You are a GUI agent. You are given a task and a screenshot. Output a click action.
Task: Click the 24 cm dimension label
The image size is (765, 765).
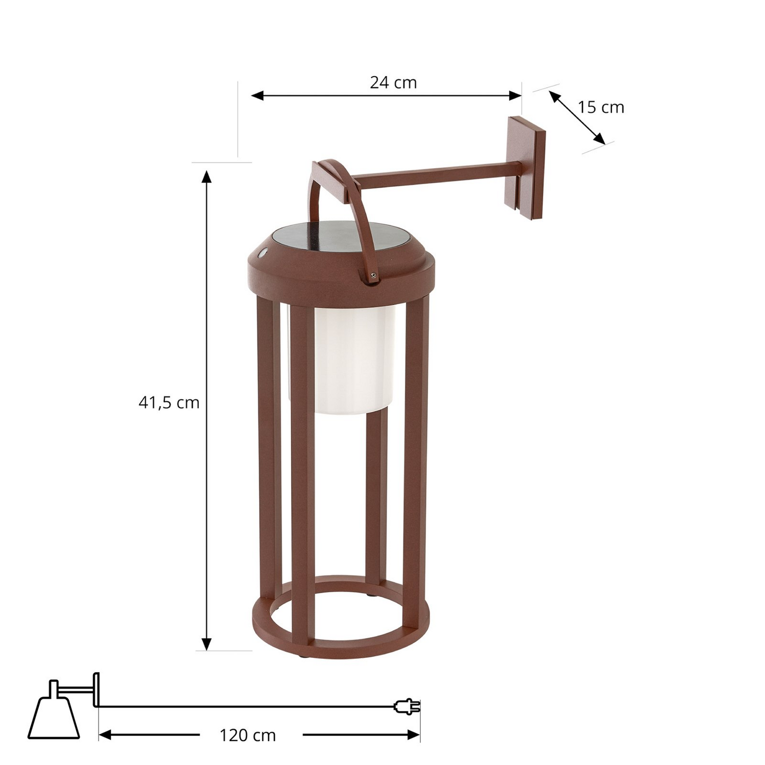click(393, 83)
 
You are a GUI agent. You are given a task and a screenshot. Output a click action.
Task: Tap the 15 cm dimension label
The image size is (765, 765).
click(600, 108)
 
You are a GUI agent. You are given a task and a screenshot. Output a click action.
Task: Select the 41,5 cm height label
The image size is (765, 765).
click(169, 403)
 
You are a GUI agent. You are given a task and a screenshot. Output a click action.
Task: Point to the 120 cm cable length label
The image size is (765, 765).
click(248, 735)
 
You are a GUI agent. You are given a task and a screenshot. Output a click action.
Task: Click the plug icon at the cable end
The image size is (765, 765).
click(407, 706)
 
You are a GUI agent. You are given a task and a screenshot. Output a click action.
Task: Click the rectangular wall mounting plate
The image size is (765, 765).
click(525, 168)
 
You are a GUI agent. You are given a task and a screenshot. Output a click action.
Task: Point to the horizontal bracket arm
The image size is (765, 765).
click(433, 173)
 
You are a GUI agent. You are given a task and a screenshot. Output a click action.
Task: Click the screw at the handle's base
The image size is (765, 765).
click(373, 275)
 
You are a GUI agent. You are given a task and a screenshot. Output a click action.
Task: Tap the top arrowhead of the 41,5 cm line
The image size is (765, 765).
click(207, 176)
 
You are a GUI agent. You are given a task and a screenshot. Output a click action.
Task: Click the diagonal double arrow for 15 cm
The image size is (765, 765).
click(577, 117)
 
